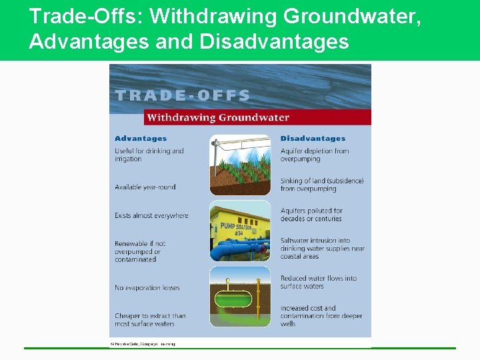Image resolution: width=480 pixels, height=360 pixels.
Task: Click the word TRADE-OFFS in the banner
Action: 183,95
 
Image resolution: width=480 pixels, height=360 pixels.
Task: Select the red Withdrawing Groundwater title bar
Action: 257,118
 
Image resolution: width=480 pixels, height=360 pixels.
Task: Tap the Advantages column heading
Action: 141,139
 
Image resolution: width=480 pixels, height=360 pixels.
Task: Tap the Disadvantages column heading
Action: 313,139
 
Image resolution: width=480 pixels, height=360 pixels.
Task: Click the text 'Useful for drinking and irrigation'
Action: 149,155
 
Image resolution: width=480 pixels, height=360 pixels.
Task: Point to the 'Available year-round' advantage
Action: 145,187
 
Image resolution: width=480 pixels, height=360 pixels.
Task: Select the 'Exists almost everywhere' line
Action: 151,215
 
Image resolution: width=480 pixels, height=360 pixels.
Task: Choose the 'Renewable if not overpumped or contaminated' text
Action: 140,251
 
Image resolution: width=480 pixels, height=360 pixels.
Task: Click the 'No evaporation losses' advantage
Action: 147,288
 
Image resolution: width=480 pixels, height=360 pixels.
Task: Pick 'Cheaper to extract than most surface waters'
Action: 149,320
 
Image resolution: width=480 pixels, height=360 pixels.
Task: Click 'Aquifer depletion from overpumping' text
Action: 314,155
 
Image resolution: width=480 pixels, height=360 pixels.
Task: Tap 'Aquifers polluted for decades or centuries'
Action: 311,215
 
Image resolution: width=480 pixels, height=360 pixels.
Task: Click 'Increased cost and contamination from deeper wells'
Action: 321,316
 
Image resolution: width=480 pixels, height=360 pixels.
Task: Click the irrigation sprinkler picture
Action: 240,164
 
